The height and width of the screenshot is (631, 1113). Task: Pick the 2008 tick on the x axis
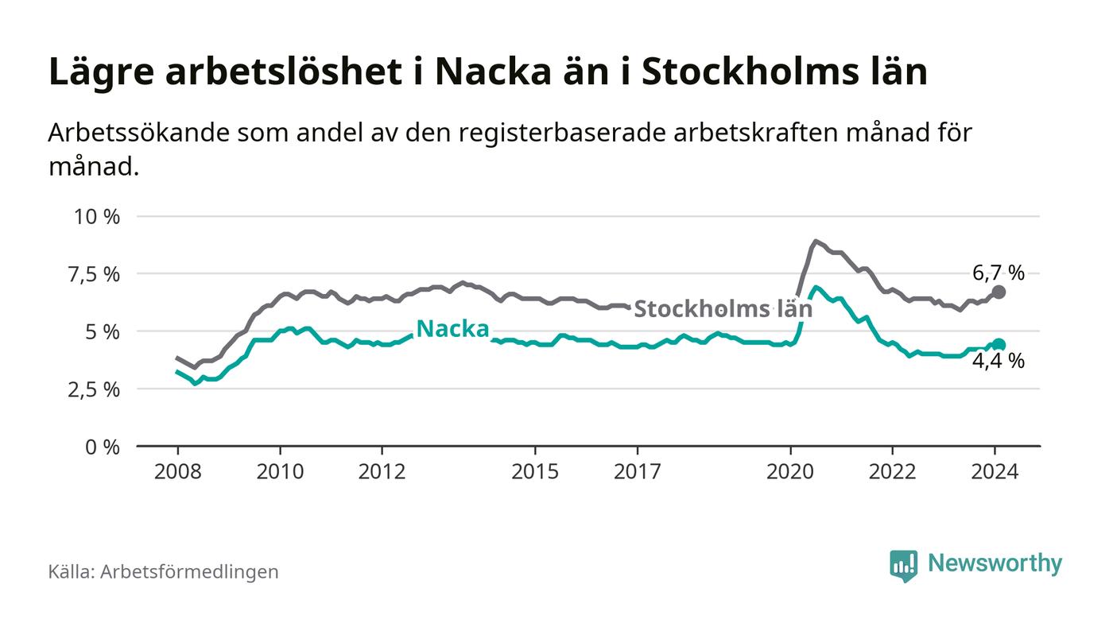[x=176, y=471]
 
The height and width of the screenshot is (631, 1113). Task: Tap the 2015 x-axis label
[x=535, y=471]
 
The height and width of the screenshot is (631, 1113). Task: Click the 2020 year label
[x=790, y=471]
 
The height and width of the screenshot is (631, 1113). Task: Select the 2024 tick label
[x=995, y=471]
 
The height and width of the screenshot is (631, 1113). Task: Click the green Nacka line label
[x=452, y=329]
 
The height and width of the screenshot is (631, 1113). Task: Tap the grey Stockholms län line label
[x=723, y=308]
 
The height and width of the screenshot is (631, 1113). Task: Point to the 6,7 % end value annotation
[x=999, y=273]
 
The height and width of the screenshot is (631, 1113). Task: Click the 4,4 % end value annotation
[x=999, y=362]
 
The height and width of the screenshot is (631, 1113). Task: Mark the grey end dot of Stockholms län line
[x=999, y=292]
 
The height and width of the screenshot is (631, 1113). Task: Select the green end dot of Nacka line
[x=999, y=344]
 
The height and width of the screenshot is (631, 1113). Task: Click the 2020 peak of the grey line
[x=815, y=241]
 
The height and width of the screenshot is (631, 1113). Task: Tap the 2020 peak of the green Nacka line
[x=816, y=287]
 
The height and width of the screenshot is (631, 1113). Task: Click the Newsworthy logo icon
[x=903, y=565]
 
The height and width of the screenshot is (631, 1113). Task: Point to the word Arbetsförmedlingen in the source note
[x=189, y=571]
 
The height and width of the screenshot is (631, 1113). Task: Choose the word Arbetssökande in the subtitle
[x=138, y=133]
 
